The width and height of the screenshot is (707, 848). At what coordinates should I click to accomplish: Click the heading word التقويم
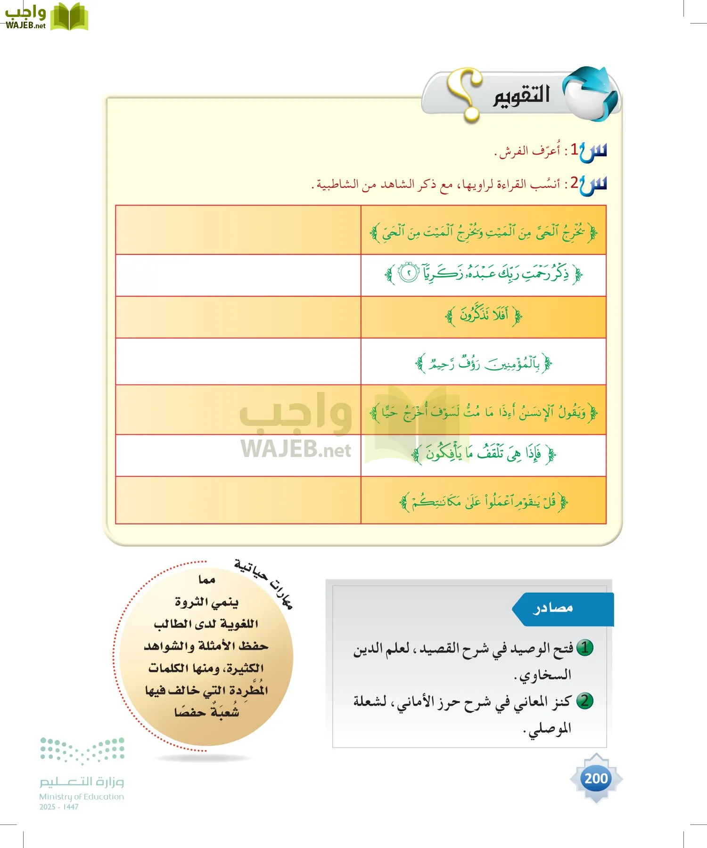pyautogui.click(x=521, y=96)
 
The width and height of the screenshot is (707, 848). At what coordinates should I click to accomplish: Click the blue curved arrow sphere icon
pyautogui.click(x=592, y=93)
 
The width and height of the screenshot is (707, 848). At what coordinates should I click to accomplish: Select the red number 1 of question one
pyautogui.click(x=574, y=150)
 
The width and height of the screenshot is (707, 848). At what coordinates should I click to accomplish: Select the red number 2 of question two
pyautogui.click(x=574, y=183)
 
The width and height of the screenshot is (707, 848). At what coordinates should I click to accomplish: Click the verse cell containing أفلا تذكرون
pyautogui.click(x=483, y=316)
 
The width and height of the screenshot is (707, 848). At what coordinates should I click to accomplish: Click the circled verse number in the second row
pyautogui.click(x=409, y=273)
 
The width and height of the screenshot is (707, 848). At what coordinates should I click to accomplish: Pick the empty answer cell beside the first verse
pyautogui.click(x=238, y=230)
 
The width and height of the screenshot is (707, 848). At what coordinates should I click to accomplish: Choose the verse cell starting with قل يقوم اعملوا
pyautogui.click(x=483, y=501)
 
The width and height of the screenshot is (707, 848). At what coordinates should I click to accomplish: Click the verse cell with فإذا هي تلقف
pyautogui.click(x=483, y=454)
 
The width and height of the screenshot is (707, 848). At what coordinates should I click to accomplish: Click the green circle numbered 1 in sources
pyautogui.click(x=584, y=648)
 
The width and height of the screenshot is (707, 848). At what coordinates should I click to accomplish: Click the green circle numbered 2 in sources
pyautogui.click(x=584, y=701)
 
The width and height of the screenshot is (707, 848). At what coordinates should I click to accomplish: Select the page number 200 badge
pyautogui.click(x=596, y=778)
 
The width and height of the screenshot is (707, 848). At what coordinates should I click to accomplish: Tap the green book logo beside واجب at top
pyautogui.click(x=69, y=17)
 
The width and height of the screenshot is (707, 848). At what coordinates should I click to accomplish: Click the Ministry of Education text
pyautogui.click(x=82, y=797)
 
